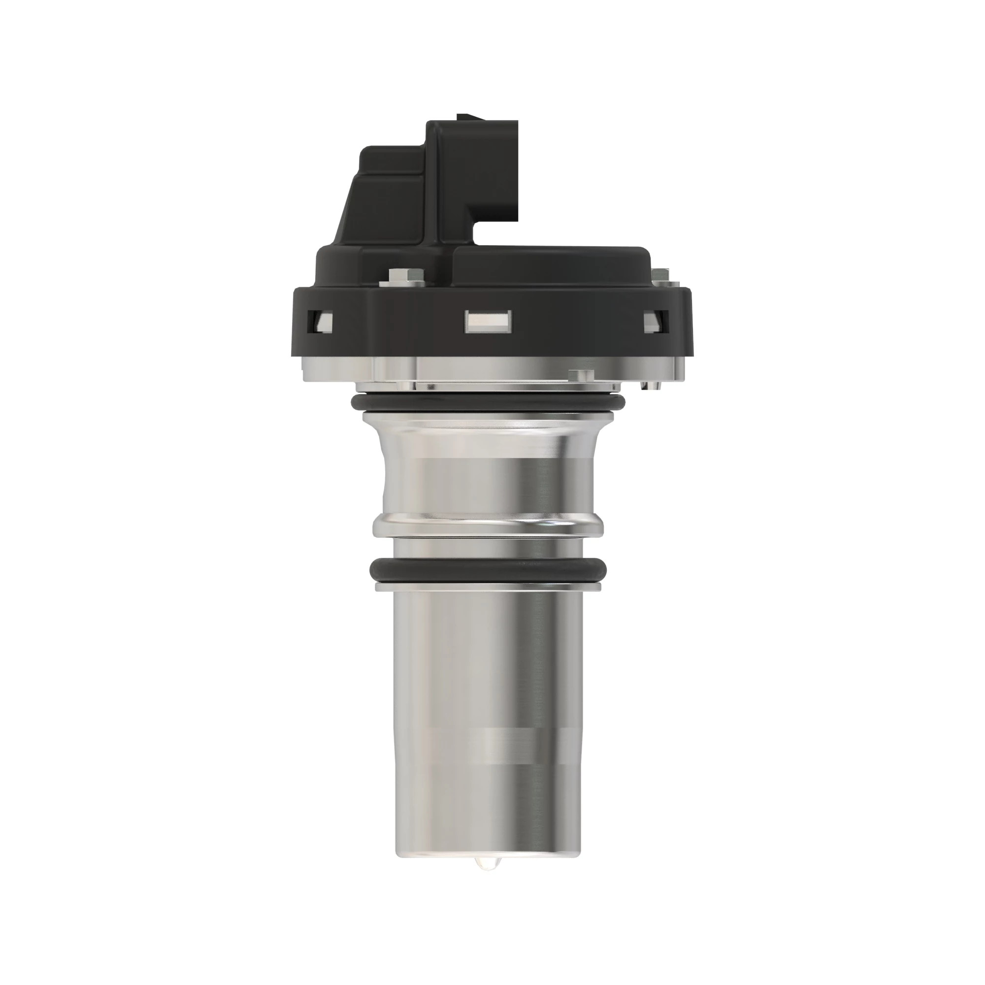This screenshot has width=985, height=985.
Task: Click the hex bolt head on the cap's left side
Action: coord(402,275)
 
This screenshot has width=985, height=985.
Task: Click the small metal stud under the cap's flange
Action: coord(581,375)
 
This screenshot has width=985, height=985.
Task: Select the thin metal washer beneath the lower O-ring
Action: coord(489,588)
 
